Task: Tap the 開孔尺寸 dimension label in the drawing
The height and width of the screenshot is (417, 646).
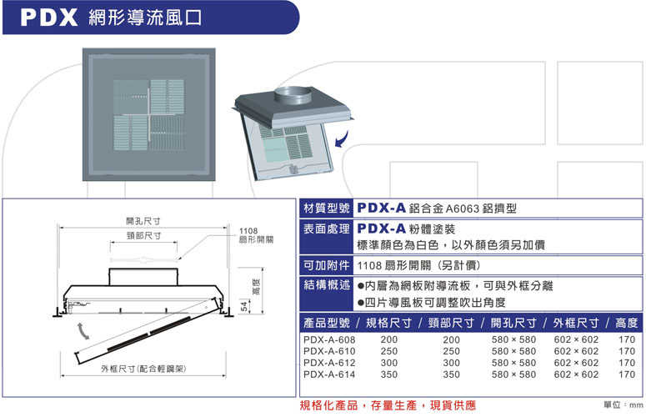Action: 143,221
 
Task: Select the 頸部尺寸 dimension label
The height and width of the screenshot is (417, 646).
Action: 143,237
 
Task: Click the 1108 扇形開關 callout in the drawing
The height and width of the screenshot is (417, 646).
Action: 254,235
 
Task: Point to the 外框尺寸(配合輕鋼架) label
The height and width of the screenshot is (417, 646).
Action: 143,368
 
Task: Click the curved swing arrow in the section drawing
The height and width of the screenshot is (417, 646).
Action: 82,330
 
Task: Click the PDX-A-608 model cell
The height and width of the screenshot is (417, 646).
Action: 329,340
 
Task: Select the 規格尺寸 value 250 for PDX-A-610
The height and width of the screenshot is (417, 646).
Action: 388,352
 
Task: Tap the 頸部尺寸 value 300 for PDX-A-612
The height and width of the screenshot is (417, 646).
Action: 451,364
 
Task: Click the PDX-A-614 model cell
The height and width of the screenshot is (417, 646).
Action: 329,375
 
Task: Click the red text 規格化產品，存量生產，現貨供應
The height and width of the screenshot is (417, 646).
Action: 388,405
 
